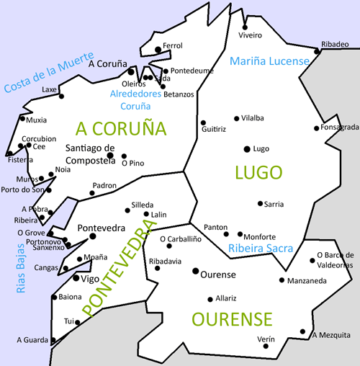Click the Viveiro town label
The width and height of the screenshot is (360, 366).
click(x=249, y=34)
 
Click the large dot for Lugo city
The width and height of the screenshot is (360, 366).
click(x=247, y=148)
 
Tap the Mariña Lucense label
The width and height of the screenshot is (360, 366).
click(x=269, y=61)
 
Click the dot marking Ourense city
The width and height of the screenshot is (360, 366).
click(x=195, y=271)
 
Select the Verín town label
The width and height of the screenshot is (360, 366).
click(x=266, y=339)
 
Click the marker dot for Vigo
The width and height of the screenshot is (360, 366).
click(x=76, y=278)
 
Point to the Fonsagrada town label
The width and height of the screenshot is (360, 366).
click(x=338, y=128)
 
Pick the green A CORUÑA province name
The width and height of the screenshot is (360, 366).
click(x=121, y=129)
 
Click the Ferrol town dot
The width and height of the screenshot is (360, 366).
click(x=158, y=49)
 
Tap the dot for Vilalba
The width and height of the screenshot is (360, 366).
click(x=237, y=118)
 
